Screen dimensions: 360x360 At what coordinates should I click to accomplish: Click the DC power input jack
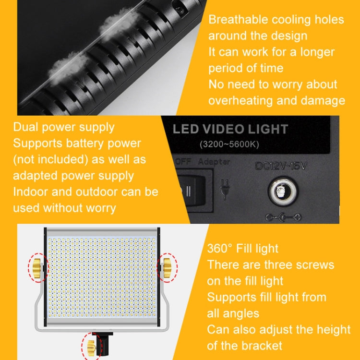(283, 191)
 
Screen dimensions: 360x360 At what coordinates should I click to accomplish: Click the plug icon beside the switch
(224, 189)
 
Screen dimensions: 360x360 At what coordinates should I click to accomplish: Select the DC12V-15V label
(281, 166)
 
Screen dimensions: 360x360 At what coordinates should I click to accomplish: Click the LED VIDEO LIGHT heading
(230, 129)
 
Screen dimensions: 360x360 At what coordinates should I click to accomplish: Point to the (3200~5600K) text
(229, 144)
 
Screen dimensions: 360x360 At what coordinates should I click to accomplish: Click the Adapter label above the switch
(214, 162)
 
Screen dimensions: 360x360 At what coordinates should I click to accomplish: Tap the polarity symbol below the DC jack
(283, 217)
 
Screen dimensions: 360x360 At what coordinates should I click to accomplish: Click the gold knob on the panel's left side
(37, 268)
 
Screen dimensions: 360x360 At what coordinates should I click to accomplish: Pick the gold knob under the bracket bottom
(91, 348)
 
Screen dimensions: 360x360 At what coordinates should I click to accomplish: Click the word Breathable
(238, 20)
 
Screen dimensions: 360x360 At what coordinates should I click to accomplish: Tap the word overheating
(240, 101)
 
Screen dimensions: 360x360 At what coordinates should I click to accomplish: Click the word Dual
(25, 127)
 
